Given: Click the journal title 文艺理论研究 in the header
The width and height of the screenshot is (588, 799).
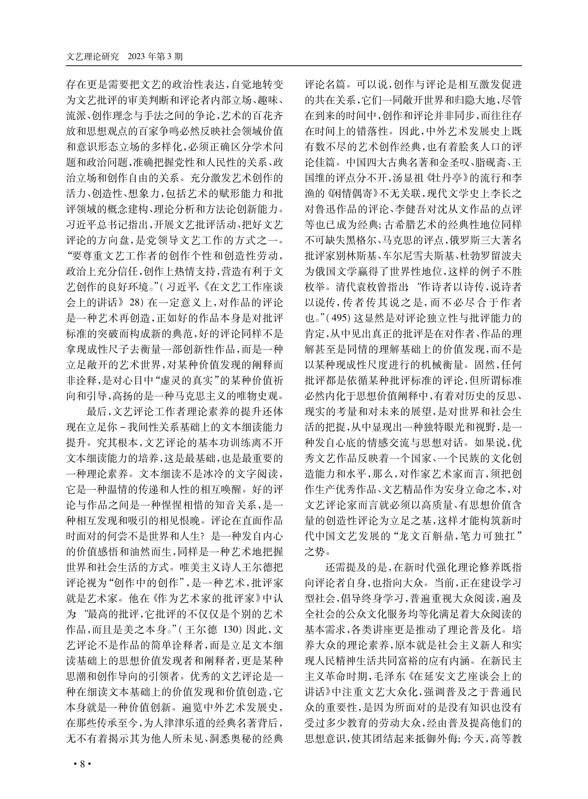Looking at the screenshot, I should [x=93, y=57].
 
